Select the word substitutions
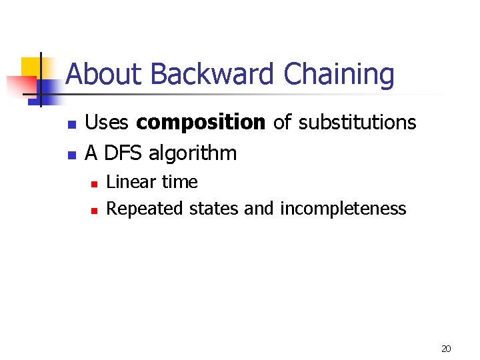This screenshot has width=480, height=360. pos(357,123)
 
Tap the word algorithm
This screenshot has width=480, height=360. pos(193,154)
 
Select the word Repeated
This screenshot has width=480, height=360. pos(145,209)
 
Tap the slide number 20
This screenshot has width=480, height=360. pos(446,349)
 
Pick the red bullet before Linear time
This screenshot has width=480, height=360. pos(95,183)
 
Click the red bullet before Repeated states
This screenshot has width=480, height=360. pos(95,211)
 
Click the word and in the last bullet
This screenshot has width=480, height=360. pos(259,209)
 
